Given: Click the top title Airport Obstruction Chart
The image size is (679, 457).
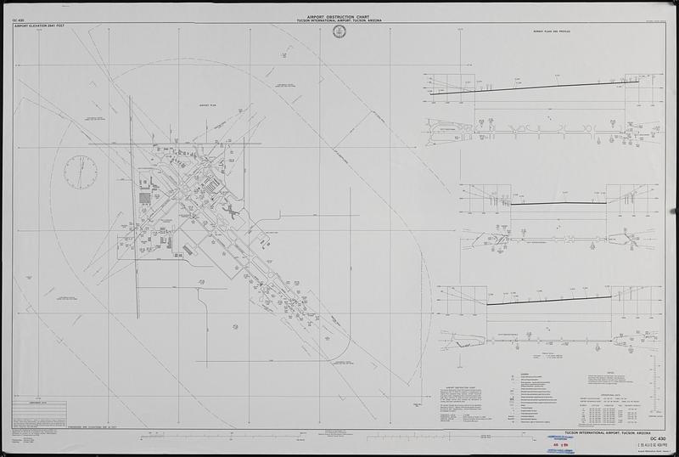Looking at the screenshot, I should pos(339,16).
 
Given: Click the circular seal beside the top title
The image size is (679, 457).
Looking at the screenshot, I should pos(339,32).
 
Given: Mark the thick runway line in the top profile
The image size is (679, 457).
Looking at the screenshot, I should pos(543,85).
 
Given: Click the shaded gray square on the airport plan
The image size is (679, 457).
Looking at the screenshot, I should pos(145,198).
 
